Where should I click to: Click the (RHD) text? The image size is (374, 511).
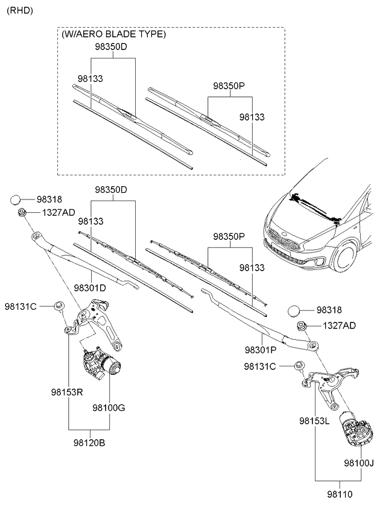pos(20,11)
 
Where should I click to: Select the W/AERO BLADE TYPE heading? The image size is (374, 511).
pos(113,34)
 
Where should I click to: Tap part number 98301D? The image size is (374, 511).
pos(90,288)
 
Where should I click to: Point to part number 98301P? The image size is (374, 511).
pos(261,350)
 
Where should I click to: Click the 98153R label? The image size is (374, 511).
pos(66,391)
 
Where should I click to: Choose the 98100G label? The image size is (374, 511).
pos(109,408)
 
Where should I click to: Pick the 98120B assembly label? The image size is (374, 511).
pos(90,443)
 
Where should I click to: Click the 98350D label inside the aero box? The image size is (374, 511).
pos(110,47)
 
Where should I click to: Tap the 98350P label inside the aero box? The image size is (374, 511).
pos(229,86)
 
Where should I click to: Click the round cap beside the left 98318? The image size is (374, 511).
pos(17,199)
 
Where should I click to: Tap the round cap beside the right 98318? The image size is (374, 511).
pos(293,310)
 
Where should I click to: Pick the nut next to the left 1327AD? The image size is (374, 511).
pos(22,212)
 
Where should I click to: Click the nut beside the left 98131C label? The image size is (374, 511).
pos(59,306)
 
